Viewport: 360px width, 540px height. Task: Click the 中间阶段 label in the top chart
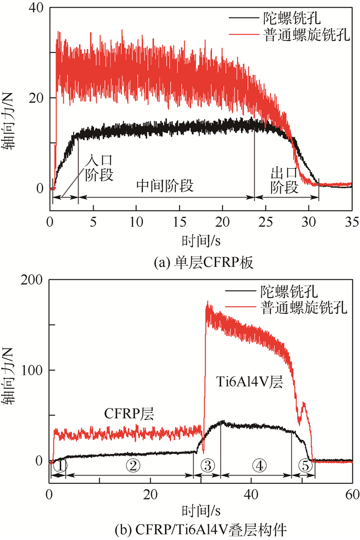165,186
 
